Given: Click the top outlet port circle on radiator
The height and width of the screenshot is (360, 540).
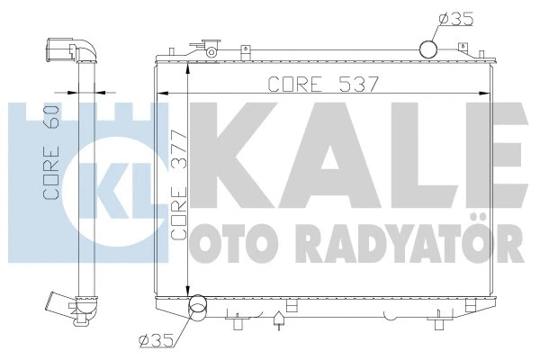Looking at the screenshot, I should (x=429, y=48).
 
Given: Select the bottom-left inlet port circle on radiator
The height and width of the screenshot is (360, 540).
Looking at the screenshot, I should (x=195, y=311).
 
